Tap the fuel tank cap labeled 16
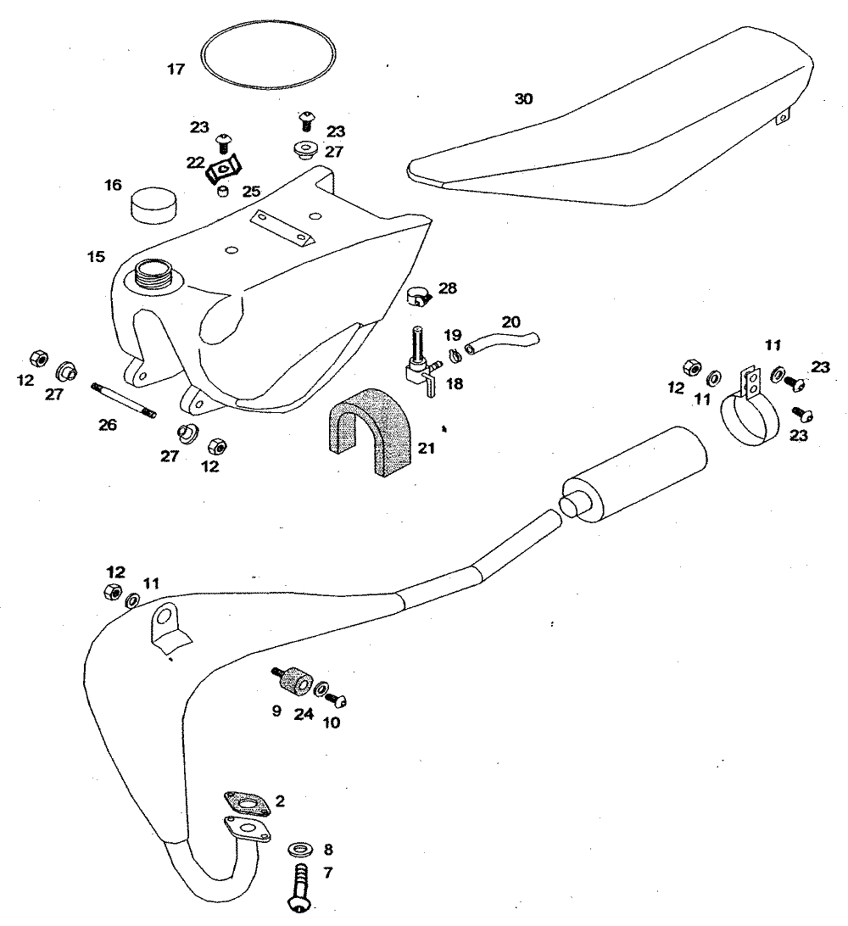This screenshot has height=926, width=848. pyautogui.click(x=153, y=204)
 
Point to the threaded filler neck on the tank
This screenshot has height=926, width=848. pyautogui.click(x=155, y=273)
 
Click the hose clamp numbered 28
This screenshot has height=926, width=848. pyautogui.click(x=420, y=295)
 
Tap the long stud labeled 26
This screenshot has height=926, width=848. pyautogui.click(x=124, y=400)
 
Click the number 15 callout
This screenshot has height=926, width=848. pyautogui.click(x=95, y=254)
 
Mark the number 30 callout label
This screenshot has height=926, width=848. pyautogui.click(x=524, y=99)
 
